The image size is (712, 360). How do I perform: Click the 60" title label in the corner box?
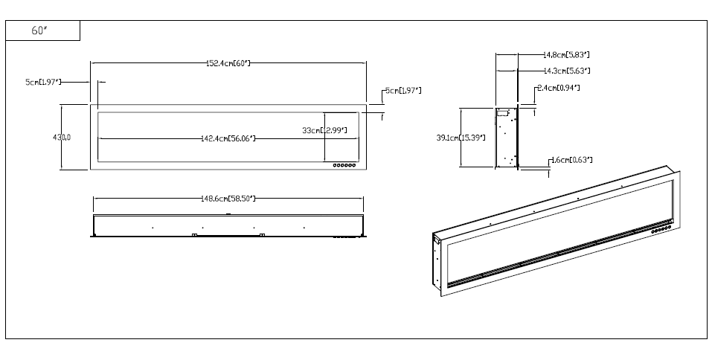(x=39, y=31)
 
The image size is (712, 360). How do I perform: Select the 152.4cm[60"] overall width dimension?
(x=228, y=63)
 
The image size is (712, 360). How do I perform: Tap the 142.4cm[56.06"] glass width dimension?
(x=228, y=138)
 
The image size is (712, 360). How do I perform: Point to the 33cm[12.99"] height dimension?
(x=324, y=130)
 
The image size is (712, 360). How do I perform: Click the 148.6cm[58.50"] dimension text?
(x=228, y=199)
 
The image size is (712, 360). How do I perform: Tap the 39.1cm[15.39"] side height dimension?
(x=461, y=138)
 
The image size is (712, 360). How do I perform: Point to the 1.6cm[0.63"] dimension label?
(x=570, y=160)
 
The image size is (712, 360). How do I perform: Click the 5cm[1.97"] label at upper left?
(x=43, y=81)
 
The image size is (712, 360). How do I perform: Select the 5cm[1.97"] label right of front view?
(x=402, y=91)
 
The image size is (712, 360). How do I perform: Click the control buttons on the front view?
(x=344, y=165)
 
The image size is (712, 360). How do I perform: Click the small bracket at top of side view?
(x=503, y=114)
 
